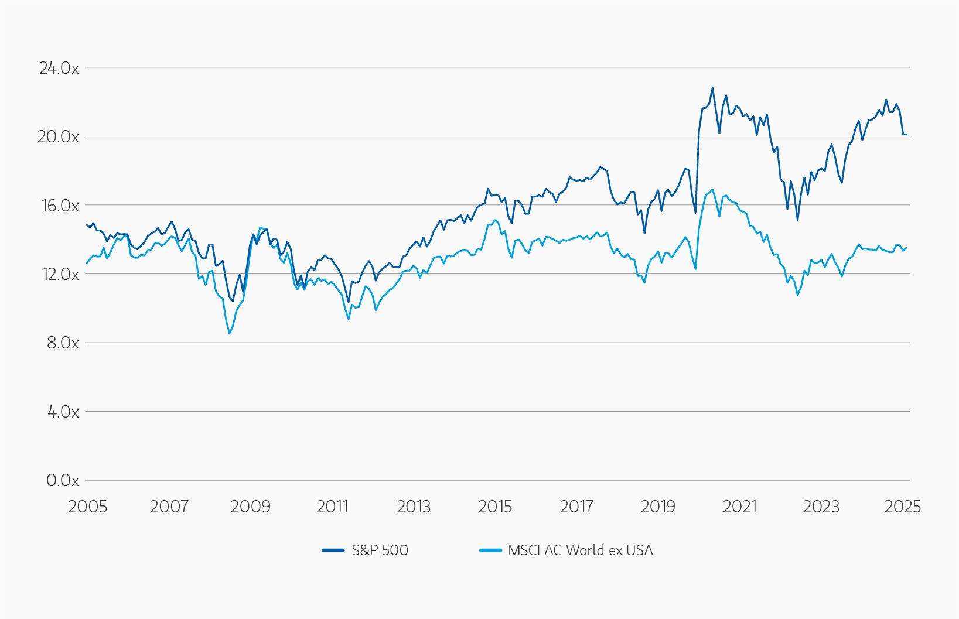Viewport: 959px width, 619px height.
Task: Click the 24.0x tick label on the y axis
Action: coord(59,68)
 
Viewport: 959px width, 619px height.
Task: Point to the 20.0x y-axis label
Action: coord(58,136)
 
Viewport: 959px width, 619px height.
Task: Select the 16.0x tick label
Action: coord(59,206)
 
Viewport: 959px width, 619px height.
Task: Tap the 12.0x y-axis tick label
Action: coord(59,274)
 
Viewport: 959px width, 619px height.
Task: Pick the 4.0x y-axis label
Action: coord(62,412)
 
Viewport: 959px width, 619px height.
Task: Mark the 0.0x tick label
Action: coord(62,480)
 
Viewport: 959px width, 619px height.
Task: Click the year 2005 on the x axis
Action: coord(88,507)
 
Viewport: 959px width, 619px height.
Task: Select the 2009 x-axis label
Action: coord(250,507)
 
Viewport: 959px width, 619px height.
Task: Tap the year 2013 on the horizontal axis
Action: coord(414,507)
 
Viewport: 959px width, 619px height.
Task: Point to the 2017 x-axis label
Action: coord(576,507)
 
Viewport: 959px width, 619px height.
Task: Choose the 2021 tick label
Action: coord(740,507)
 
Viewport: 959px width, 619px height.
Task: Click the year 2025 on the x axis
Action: coord(903,507)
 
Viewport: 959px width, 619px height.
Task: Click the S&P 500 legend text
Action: coord(380,550)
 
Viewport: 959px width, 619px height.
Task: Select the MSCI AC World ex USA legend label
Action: coord(580,550)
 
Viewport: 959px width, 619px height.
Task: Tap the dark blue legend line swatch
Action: coord(333,550)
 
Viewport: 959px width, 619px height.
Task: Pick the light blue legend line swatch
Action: coord(490,550)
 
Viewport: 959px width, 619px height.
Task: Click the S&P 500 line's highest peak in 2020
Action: coord(712,88)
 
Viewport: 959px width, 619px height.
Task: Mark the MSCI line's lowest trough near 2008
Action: coord(230,334)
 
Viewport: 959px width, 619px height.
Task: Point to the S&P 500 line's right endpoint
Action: coord(906,135)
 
